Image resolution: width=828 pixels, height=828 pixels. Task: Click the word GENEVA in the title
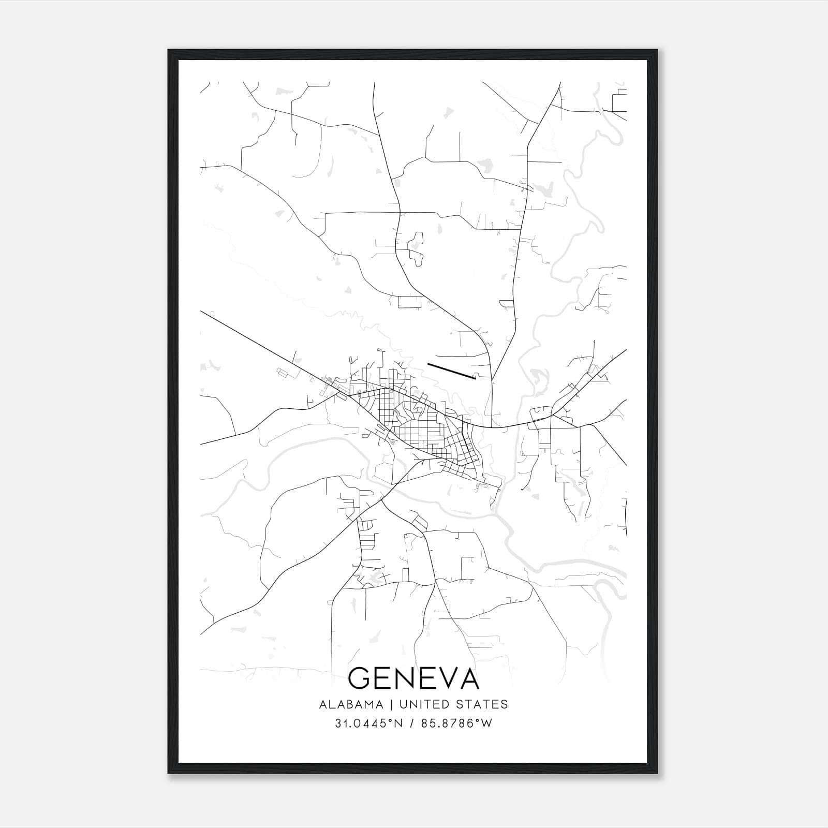pyautogui.click(x=413, y=678)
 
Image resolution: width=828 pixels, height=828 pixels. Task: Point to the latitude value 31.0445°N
pyautogui.click(x=368, y=723)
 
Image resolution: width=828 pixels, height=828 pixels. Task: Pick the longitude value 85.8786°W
pyautogui.click(x=457, y=723)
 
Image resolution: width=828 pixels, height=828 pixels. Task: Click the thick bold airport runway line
pyautogui.click(x=451, y=371)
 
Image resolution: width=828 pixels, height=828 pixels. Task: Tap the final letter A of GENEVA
pyautogui.click(x=467, y=678)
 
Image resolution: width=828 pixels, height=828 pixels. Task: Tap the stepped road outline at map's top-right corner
pyautogui.click(x=619, y=100)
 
